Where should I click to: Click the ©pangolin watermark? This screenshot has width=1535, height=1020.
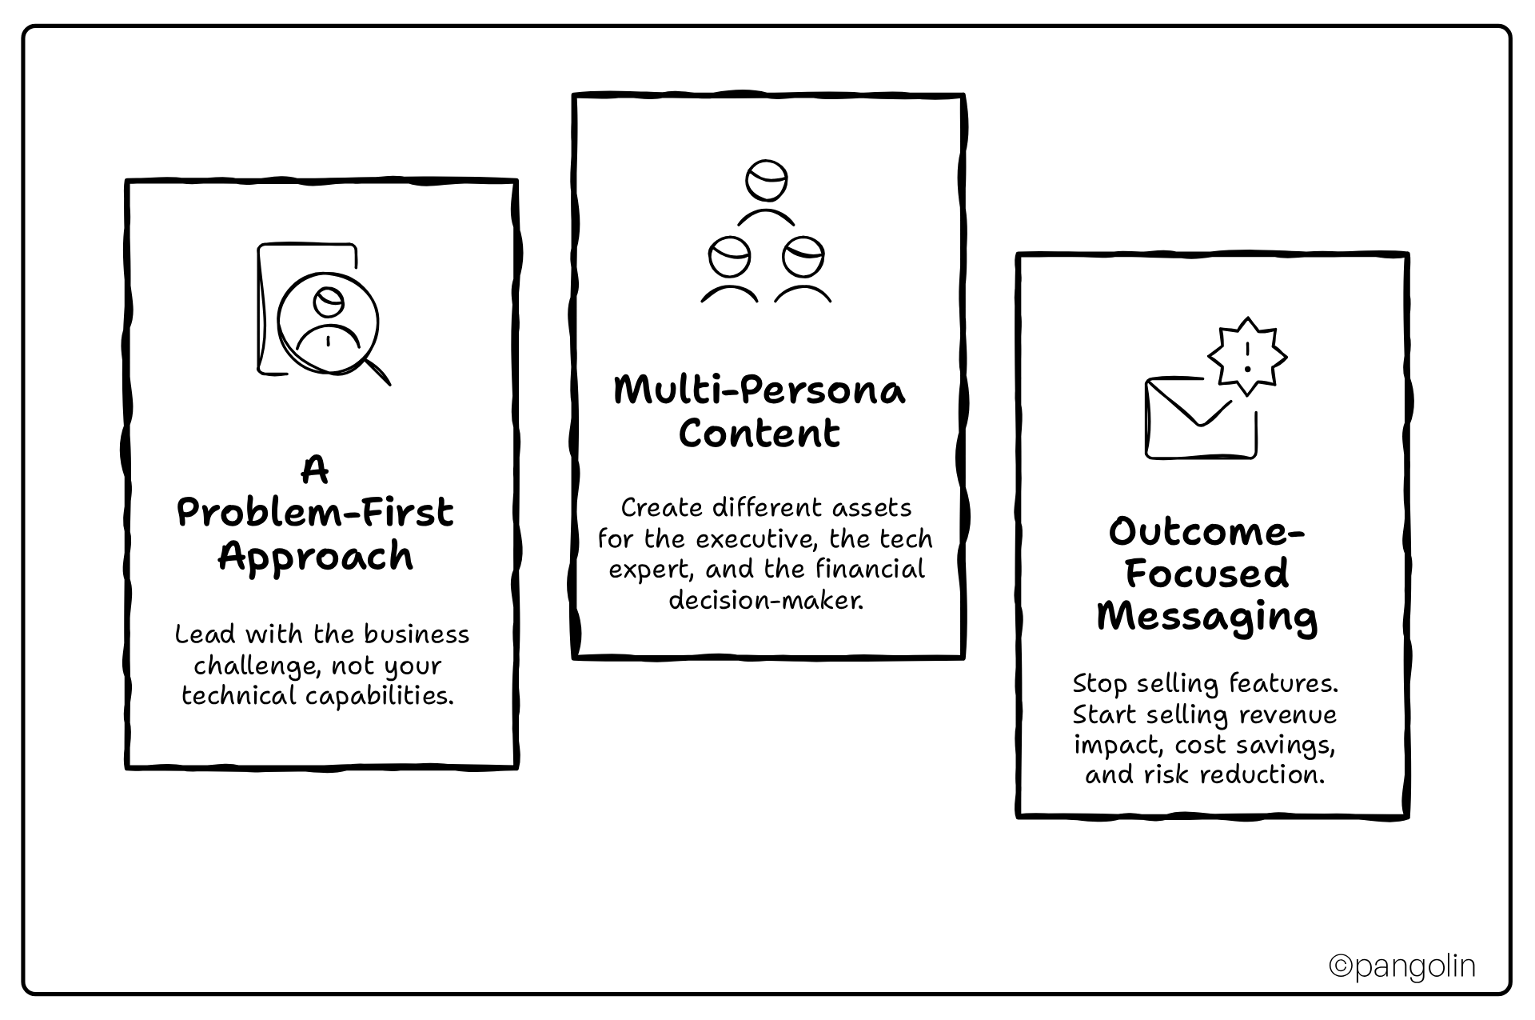pos(1401,966)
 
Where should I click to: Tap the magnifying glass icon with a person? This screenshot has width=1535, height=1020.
pos(329,324)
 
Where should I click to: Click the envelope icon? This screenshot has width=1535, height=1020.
pos(1199,418)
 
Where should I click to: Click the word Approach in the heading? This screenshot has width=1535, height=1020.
pos(316,557)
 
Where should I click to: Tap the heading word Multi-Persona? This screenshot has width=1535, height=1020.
pos(760,391)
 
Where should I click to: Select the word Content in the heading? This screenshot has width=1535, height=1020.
pos(760,434)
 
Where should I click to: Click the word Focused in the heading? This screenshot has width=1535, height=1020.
pos(1207,574)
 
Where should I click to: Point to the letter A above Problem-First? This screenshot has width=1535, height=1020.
pos(315,470)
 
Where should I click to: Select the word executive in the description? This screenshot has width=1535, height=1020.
pos(756,539)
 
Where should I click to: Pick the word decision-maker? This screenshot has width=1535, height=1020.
pos(766,600)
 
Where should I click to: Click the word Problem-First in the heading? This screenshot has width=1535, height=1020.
pos(316,514)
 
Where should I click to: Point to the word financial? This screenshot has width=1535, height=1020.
pos(870,570)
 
